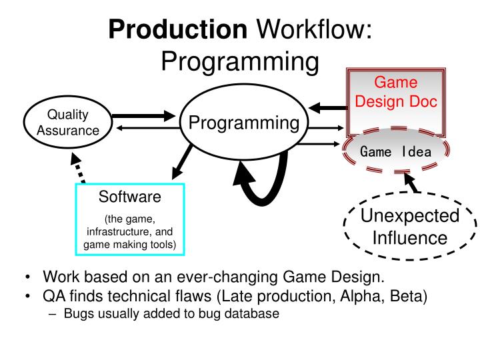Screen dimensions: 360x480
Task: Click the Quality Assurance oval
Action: tap(67, 123)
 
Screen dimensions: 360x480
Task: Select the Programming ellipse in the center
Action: tap(243, 123)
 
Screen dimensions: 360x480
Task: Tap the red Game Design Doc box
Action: tap(395, 93)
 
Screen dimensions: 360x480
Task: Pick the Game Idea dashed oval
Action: tap(395, 151)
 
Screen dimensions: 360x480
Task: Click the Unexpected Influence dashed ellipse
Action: tap(410, 227)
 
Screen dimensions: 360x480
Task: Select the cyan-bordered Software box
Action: tap(130, 219)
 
